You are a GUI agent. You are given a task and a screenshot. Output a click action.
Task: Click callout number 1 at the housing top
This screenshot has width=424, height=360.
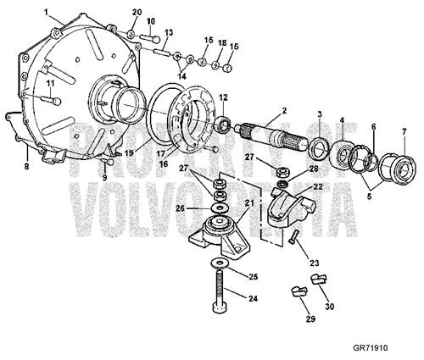pos(47,11)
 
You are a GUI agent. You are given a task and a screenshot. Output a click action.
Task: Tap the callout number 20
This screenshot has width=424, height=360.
pos(137,11)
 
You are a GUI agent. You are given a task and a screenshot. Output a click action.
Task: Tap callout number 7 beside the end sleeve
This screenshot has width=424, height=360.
pos(404,131)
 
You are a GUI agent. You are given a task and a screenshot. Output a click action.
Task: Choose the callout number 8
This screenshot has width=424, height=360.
pos(26,167)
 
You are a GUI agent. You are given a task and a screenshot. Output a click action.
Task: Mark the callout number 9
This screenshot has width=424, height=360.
pos(105,177)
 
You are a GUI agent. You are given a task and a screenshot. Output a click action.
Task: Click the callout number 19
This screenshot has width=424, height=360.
pos(129,153)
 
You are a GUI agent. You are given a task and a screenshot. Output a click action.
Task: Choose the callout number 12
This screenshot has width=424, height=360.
pos(224,97)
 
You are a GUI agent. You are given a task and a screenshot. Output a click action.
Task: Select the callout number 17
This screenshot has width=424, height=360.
pos(157,154)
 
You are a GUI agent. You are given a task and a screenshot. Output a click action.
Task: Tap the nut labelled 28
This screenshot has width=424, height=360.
pos(287,172)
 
